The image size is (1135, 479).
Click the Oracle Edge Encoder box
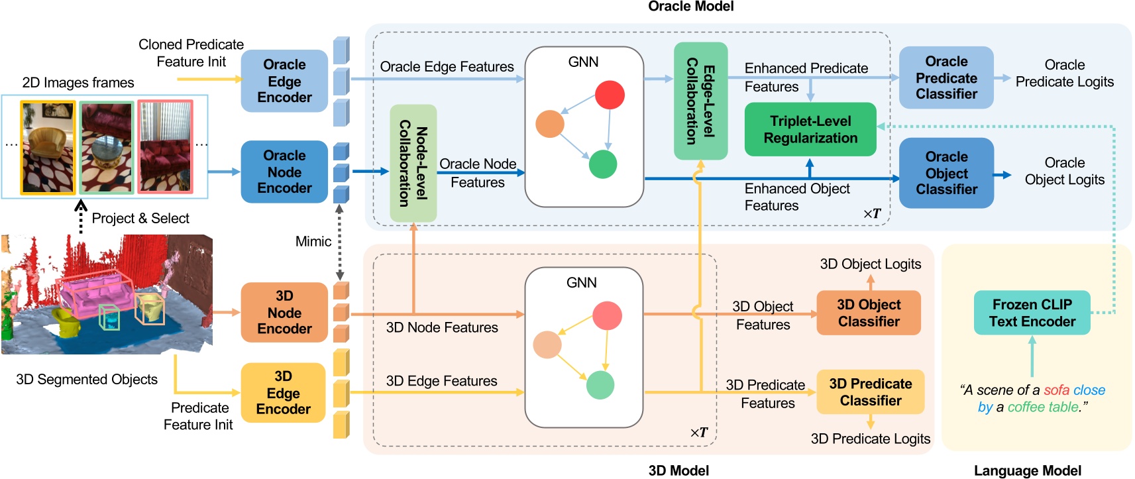click(284, 81)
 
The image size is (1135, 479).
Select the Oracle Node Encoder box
click(284, 172)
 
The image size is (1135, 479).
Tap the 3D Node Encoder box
click(284, 312)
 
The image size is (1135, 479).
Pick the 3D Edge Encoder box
click(283, 392)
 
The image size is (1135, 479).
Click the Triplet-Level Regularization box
click(810, 129)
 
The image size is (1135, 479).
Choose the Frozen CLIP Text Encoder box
click(1032, 313)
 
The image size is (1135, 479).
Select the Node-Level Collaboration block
click(413, 163)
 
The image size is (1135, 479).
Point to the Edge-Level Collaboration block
click(700, 101)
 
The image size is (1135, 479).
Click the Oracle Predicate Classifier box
click(946, 78)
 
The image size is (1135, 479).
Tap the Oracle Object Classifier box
click(946, 173)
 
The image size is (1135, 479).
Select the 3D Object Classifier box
click(868, 313)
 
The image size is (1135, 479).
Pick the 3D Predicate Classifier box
click(870, 392)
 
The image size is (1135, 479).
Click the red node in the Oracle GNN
click(610, 95)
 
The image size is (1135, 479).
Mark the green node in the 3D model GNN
click(600, 385)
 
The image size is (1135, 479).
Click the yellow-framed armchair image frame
click(48, 147)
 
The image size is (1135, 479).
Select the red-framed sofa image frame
click(165, 147)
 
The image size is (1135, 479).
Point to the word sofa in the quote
click(1056, 390)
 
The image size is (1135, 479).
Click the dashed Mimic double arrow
click(339, 242)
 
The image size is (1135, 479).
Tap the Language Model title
click(1027, 470)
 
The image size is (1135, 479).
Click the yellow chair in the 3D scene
click(66, 323)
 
